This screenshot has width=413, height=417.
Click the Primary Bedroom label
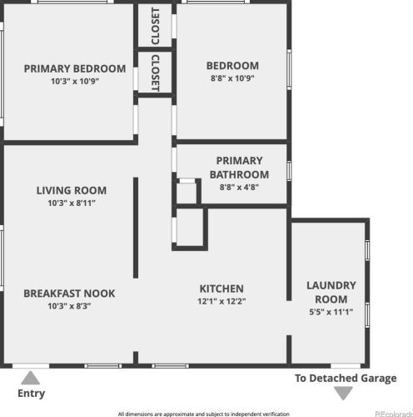(75, 68)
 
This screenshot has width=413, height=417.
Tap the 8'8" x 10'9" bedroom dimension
(232, 78)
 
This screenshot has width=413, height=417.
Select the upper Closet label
(156, 26)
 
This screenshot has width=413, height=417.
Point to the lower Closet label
(156, 73)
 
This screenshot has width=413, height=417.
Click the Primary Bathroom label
(239, 168)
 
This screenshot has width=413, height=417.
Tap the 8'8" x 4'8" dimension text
(239, 187)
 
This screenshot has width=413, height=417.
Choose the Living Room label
(72, 190)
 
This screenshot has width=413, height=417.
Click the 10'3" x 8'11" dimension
(72, 203)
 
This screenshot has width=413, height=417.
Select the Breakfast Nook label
(69, 294)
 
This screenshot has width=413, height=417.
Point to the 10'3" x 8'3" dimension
(69, 306)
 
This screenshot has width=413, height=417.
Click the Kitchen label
(221, 289)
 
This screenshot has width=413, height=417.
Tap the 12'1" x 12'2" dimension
(221, 301)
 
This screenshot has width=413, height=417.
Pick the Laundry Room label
(331, 292)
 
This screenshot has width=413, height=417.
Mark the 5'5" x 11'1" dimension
(331, 312)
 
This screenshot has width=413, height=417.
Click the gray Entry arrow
(31, 378)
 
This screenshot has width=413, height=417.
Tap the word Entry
(31, 394)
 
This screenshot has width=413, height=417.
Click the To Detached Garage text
(346, 378)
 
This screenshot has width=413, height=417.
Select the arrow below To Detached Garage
(343, 393)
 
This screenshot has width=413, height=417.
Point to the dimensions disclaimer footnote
(204, 414)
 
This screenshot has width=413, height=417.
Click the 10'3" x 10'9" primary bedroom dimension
(75, 81)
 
